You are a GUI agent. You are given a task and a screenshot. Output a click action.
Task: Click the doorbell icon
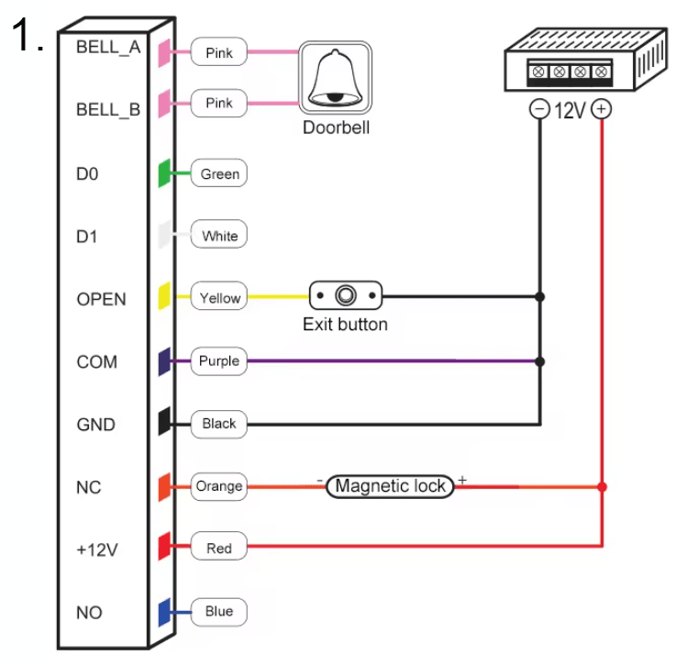336,78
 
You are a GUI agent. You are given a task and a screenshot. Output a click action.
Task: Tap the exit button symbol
346,295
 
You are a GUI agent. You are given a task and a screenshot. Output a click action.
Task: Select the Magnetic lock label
391,486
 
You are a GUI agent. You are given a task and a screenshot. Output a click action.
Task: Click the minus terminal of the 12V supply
539,110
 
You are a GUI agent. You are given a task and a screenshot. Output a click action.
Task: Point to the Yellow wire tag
219,297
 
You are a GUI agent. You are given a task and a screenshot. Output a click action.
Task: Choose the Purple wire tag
219,361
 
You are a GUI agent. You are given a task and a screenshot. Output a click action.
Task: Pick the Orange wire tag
219,486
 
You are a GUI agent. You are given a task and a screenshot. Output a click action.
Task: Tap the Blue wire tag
219,611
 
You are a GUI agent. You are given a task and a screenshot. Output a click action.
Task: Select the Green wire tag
219,173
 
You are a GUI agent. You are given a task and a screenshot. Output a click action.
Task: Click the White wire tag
219,236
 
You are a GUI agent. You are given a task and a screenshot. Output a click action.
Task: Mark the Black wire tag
219,423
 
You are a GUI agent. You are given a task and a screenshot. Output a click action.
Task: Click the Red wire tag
219,549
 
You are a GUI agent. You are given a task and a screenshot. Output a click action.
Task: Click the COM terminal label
97,361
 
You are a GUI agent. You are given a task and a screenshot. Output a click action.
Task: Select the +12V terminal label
97,549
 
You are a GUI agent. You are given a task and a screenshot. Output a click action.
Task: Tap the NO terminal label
89,612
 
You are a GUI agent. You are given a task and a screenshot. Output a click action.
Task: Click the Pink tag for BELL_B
219,104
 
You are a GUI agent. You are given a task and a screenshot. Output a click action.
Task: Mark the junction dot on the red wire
602,486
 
